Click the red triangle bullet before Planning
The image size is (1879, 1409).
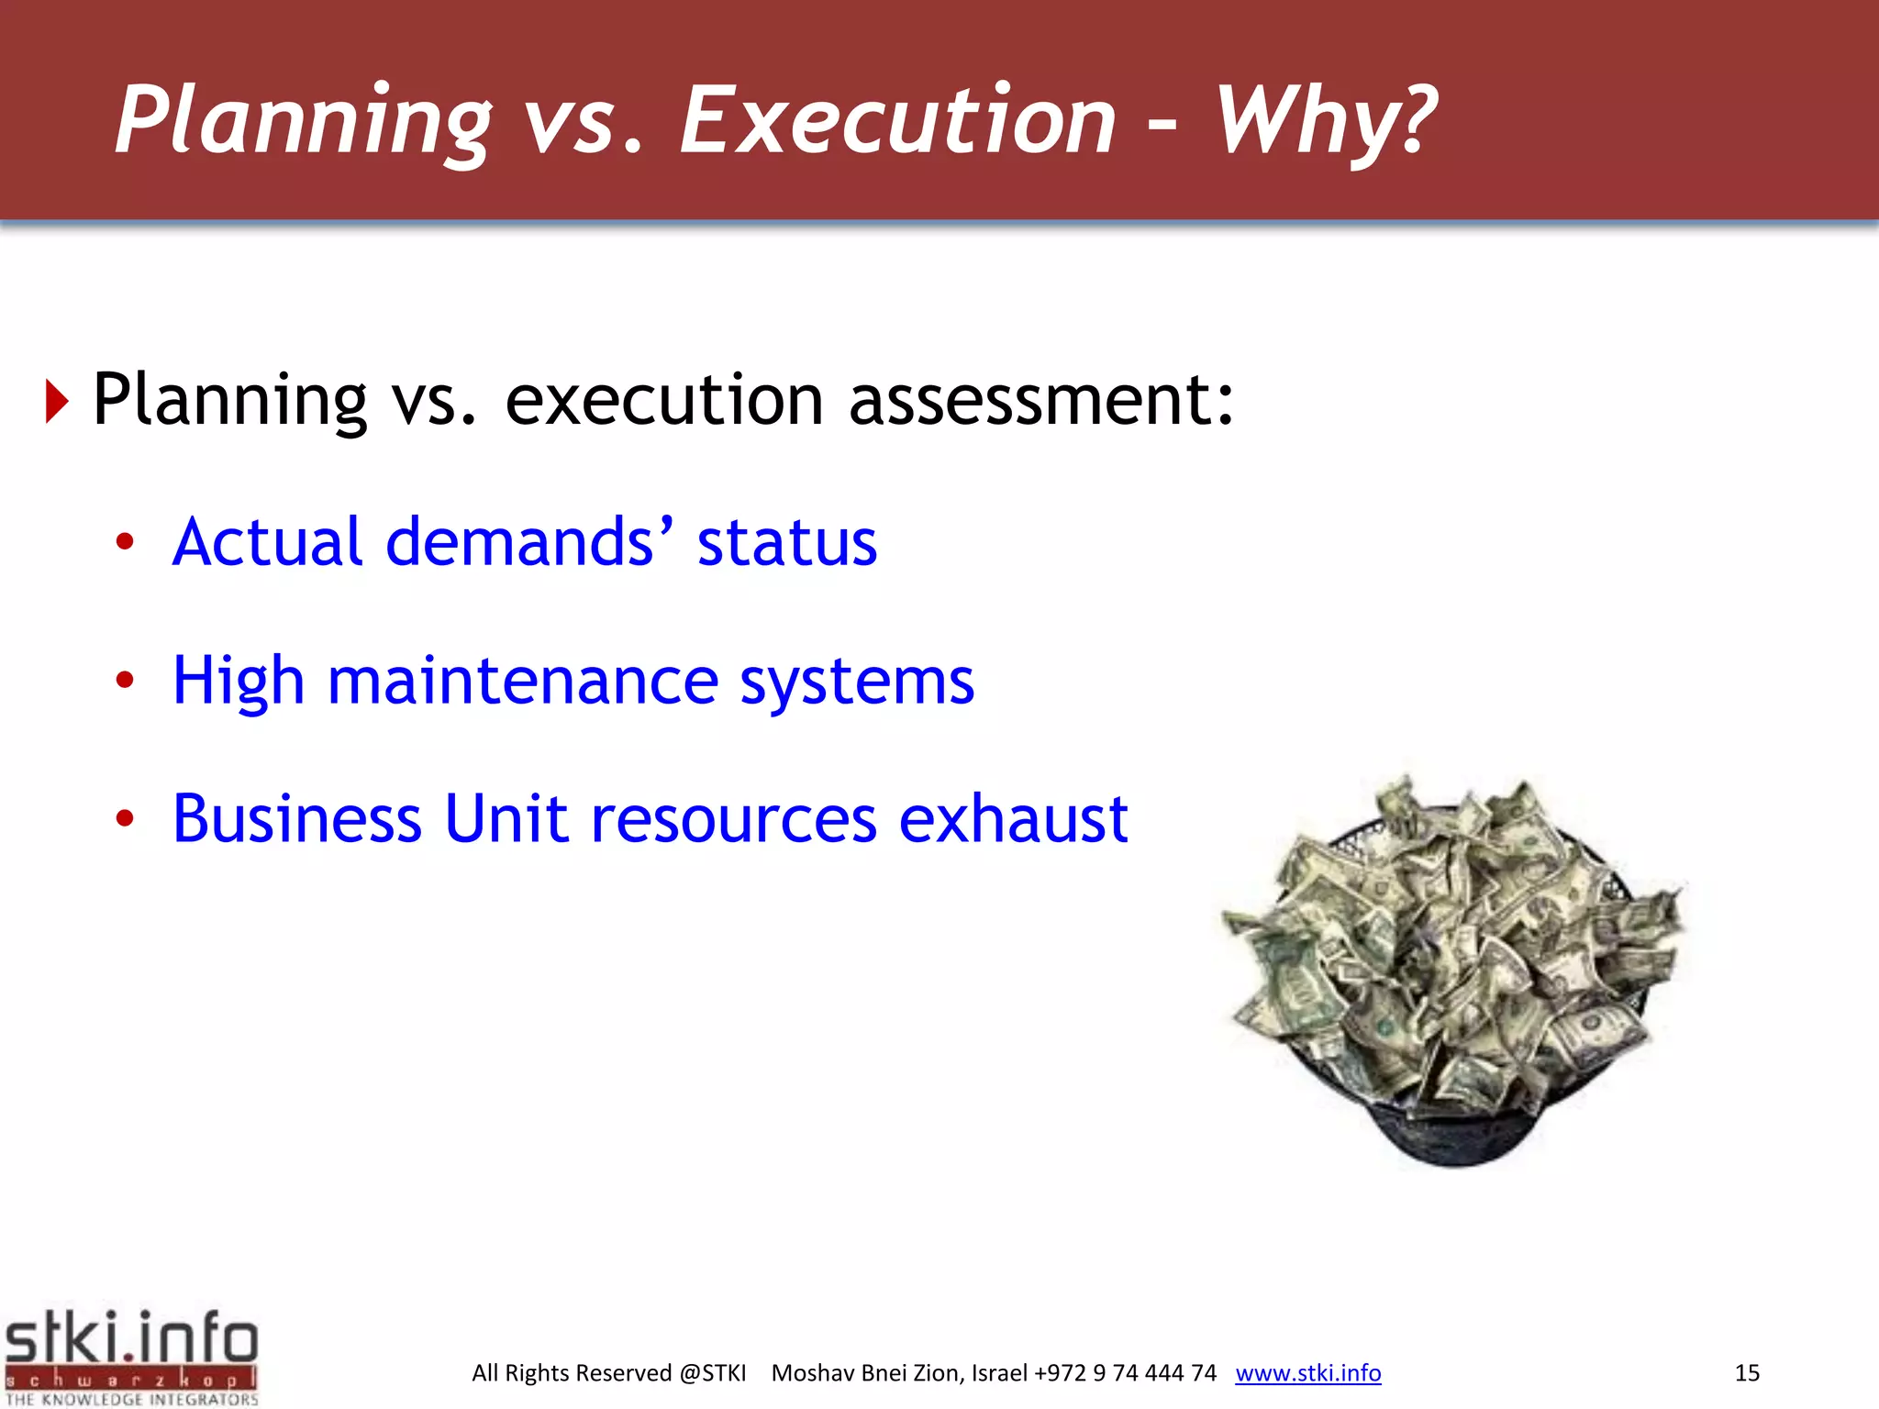click(x=57, y=402)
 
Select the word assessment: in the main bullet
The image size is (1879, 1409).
click(x=1041, y=400)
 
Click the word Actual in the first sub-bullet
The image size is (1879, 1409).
click(x=267, y=541)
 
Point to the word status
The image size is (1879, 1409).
click(x=786, y=542)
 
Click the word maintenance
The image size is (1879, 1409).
click(x=522, y=682)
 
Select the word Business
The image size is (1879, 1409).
click(x=296, y=818)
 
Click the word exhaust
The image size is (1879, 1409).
click(x=1013, y=818)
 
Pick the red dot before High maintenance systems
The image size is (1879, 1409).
click(x=125, y=680)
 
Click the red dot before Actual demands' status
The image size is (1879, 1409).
click(x=125, y=541)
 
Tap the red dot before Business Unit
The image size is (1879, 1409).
click(x=125, y=818)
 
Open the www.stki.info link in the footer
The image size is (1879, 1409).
click(x=1307, y=1373)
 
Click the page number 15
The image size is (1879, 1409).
click(x=1747, y=1373)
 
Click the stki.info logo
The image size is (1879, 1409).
click(x=131, y=1357)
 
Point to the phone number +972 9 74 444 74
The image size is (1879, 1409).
click(x=1125, y=1373)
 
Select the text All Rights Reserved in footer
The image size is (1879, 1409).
click(x=572, y=1373)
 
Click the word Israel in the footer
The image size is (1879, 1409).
click(x=999, y=1373)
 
